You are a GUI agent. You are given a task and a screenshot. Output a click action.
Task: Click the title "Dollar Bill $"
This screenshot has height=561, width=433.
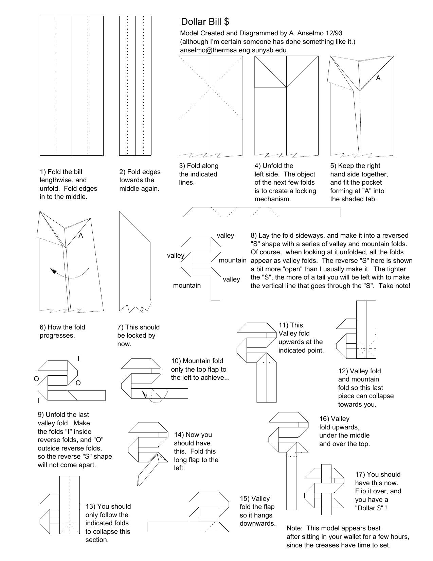[205, 22]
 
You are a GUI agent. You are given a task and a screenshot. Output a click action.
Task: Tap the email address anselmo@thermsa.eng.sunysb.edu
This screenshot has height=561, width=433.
[233, 50]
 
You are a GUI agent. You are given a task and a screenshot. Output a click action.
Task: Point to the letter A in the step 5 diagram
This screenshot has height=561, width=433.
[378, 78]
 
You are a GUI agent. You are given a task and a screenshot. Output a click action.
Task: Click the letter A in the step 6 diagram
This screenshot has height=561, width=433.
[81, 235]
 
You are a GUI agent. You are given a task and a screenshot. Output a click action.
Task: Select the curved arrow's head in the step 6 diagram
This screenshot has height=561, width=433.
[53, 270]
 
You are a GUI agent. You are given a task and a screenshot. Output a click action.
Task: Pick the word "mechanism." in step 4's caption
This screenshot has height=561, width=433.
[273, 199]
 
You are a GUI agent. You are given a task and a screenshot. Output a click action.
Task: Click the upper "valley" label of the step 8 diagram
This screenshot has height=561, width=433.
[225, 235]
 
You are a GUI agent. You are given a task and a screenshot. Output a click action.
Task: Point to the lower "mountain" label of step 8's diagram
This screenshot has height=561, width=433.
[187, 285]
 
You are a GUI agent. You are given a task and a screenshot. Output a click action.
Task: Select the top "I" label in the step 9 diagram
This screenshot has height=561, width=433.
[78, 359]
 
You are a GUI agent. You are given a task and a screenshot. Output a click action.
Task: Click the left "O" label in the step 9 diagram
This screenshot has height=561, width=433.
[36, 379]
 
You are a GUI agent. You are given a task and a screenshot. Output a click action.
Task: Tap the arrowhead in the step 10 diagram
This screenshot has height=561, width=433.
[144, 394]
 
